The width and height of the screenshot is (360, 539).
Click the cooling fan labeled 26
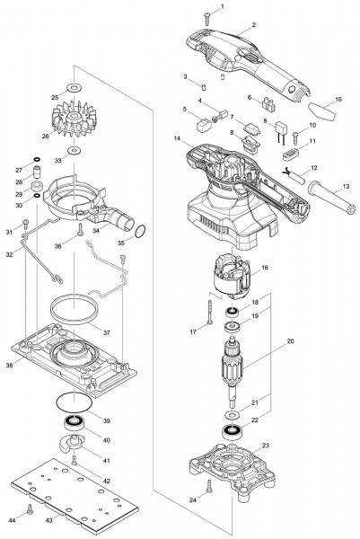coord(74,119)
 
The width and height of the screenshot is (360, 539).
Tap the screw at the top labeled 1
coord(206,19)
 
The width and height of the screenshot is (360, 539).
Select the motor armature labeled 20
coord(233,369)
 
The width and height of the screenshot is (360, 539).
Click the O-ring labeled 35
coord(140,232)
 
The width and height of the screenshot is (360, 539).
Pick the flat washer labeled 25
coord(74,87)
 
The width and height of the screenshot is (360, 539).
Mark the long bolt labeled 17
coord(208,312)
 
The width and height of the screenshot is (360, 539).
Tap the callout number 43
coord(49,520)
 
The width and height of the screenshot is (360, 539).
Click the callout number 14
coord(177,138)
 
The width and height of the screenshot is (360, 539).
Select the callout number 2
coord(254,25)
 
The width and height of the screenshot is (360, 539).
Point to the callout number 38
coord(9,365)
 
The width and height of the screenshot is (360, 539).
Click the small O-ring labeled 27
coord(37,159)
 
